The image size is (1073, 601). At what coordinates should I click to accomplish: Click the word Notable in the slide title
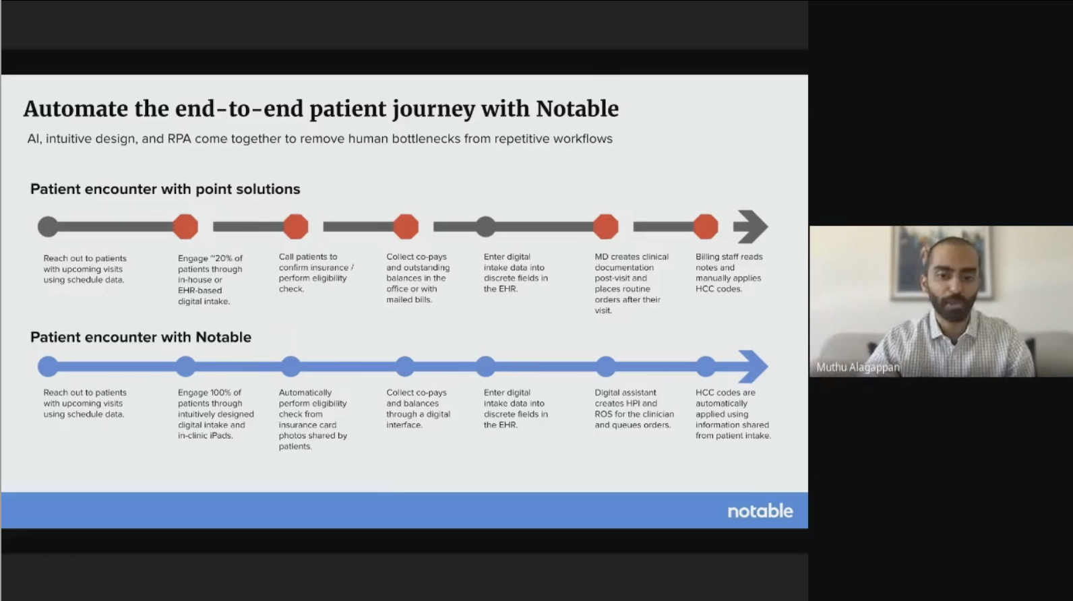[577, 108]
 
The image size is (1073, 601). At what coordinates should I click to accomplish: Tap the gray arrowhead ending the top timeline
[751, 226]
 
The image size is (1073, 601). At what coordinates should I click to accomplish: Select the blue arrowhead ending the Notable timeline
[753, 367]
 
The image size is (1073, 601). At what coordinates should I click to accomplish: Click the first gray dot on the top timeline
[48, 226]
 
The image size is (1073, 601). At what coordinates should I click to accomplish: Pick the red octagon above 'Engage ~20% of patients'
[185, 226]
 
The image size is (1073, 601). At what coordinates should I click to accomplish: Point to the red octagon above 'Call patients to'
[296, 226]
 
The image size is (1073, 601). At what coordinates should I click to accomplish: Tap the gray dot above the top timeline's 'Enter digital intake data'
[486, 226]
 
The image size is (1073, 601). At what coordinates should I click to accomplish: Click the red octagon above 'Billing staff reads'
[706, 226]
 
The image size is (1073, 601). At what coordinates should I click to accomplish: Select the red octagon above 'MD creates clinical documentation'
[606, 226]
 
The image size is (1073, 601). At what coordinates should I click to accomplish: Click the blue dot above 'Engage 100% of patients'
[185, 367]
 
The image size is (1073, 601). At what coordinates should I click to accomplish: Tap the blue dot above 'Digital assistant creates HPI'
[606, 367]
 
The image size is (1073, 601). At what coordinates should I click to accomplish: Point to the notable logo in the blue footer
[760, 511]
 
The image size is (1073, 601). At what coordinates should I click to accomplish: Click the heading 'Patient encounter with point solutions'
[165, 189]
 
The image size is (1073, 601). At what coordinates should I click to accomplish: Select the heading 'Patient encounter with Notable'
[141, 337]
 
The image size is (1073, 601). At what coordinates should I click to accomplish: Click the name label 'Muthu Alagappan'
[857, 367]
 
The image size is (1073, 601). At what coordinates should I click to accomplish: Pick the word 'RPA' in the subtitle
[179, 139]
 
